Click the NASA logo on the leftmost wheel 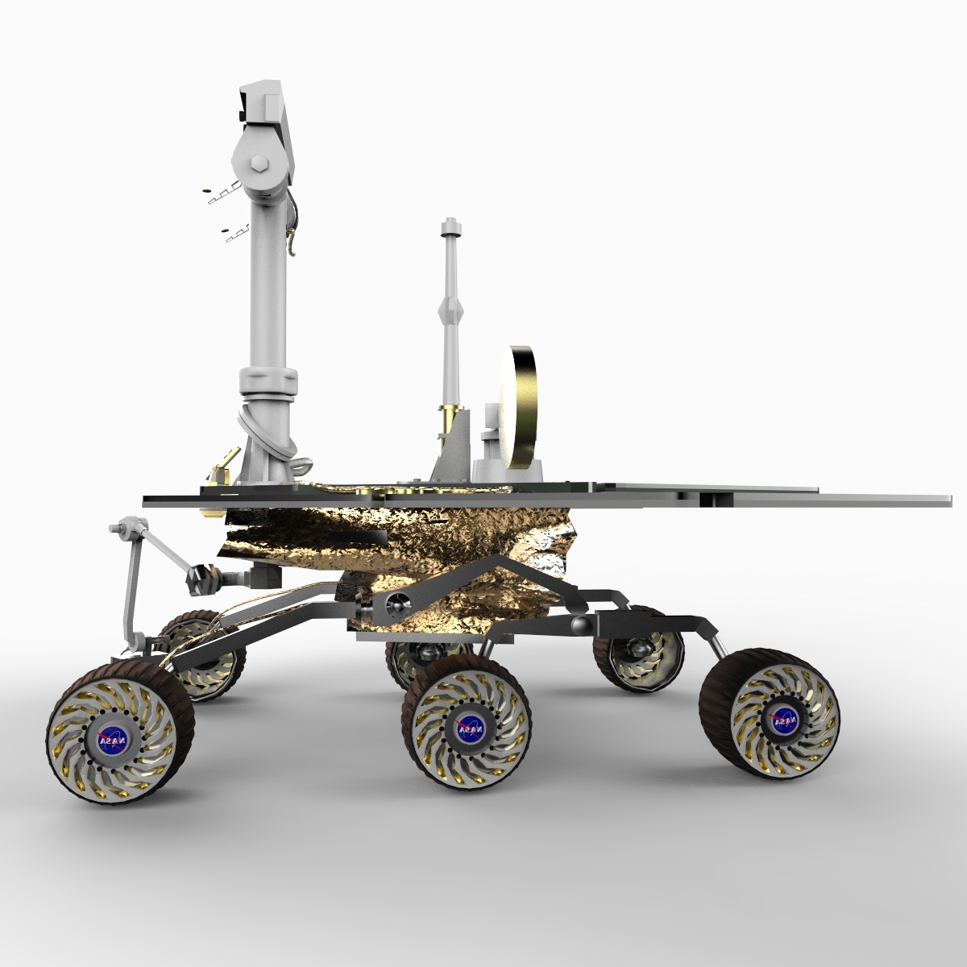click(x=110, y=739)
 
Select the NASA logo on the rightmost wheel click(x=782, y=720)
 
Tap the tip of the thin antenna click(x=450, y=222)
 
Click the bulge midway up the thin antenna click(x=450, y=308)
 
